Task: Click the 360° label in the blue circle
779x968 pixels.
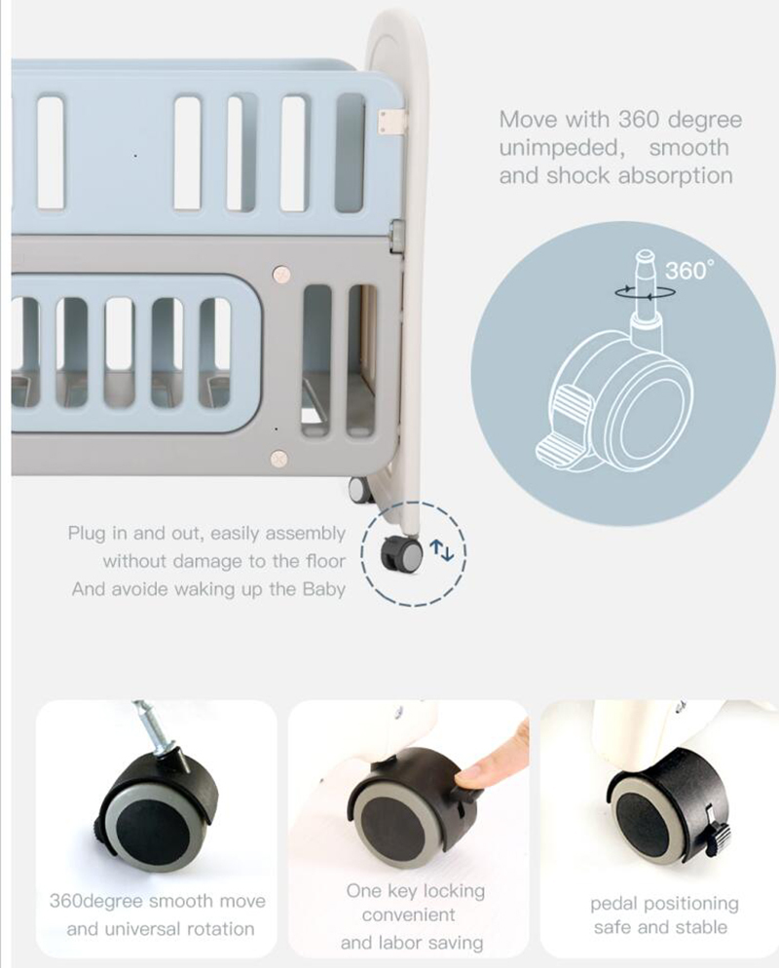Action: click(x=688, y=271)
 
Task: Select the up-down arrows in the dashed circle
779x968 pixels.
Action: click(x=442, y=550)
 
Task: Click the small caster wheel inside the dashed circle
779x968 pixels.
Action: click(x=401, y=553)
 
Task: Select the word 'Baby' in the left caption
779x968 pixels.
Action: click(x=323, y=589)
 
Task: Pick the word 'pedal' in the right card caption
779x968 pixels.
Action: click(x=613, y=905)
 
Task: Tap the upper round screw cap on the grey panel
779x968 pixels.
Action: click(x=281, y=273)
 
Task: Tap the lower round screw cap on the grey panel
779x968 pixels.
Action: click(x=279, y=458)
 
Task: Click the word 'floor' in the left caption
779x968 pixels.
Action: click(x=325, y=561)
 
